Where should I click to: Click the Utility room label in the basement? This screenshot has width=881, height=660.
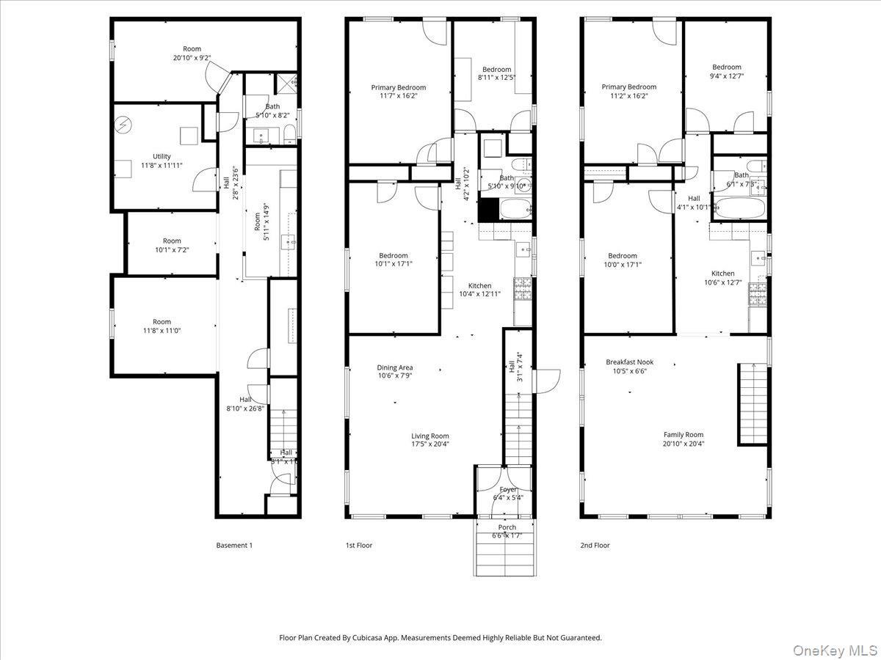tap(162, 156)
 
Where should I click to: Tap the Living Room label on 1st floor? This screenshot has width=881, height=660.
tap(429, 436)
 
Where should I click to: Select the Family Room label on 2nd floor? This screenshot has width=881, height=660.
tap(684, 435)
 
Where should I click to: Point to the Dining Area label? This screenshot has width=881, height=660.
tap(395, 367)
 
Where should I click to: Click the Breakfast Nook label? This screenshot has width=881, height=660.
tap(629, 362)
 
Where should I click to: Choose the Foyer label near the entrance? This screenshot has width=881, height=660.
tap(508, 489)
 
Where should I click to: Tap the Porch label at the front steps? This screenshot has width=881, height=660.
tap(507, 527)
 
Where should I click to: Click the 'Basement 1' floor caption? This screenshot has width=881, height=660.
tap(234, 545)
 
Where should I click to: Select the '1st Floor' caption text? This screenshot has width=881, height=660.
tap(359, 545)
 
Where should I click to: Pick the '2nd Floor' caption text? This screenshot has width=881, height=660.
tap(595, 545)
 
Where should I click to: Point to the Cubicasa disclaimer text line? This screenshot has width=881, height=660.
tap(440, 638)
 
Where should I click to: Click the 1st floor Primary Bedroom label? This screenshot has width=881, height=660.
tap(398, 87)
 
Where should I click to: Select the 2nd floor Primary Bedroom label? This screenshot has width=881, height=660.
tap(628, 87)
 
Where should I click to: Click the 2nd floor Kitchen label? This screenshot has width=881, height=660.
tap(722, 274)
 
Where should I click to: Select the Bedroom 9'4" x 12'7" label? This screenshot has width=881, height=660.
tap(726, 67)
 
